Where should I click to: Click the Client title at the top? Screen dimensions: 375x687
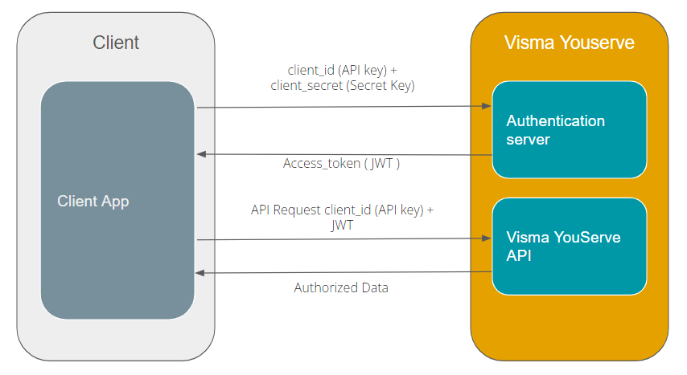pos(116,43)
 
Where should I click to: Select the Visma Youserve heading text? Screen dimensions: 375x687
pos(569,43)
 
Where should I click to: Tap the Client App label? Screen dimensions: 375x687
pos(93,201)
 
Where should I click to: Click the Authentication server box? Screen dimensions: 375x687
pos(570,129)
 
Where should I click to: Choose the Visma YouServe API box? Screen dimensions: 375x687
pos(570,247)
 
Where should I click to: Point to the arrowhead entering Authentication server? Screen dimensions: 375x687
pos(487,106)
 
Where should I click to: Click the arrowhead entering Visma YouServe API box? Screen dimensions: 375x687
pos(487,238)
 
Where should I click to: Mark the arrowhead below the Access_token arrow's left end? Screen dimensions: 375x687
pos(201,153)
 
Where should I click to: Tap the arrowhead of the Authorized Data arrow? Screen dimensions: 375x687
pos(201,273)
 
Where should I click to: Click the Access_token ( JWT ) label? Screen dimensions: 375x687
pos(341,164)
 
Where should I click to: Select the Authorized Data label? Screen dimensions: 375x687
pos(341,287)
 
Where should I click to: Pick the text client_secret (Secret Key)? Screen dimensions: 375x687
pos(343,85)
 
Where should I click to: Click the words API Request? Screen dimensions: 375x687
pos(286,210)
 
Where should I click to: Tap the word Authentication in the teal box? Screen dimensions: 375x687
pos(555,121)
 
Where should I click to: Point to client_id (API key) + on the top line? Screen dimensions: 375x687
pos(343,70)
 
